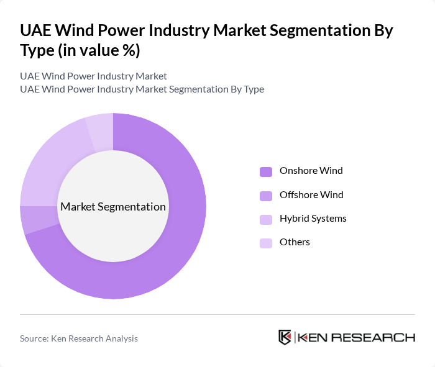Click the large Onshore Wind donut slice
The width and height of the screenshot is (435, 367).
[180, 248]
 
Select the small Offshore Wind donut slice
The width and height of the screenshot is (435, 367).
[30, 220]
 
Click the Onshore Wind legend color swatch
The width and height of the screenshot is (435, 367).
[266, 171]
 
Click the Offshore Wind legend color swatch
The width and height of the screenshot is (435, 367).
[266, 196]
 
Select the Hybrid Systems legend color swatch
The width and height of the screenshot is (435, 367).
[266, 219]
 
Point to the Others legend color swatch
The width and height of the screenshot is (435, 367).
[266, 243]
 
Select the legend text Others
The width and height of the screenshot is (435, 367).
[295, 242]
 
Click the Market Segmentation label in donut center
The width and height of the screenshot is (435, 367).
[113, 207]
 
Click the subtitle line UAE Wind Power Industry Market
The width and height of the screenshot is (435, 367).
[93, 76]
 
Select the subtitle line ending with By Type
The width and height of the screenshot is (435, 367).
[142, 89]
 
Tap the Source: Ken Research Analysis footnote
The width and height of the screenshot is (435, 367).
[79, 338]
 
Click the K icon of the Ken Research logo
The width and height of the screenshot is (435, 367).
[285, 337]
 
